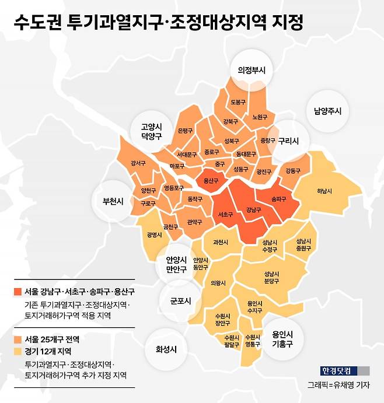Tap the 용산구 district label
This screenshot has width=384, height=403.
(211, 181)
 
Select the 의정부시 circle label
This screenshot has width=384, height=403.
(252, 70)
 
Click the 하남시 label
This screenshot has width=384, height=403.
(324, 191)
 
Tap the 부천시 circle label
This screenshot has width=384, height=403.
(113, 201)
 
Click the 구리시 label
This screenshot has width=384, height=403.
(288, 141)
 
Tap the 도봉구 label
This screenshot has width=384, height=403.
(238, 101)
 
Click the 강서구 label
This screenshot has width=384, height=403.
(138, 163)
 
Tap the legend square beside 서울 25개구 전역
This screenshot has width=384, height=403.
(16, 339)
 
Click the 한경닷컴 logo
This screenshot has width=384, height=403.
(338, 370)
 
